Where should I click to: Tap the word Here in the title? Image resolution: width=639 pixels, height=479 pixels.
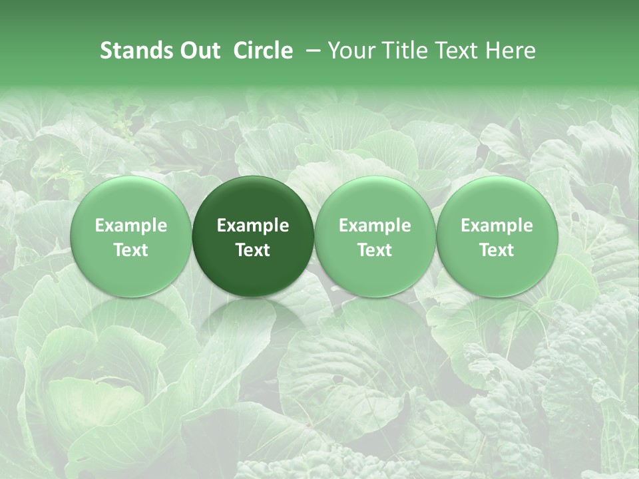click(x=511, y=51)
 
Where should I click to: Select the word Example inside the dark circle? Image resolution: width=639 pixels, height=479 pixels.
click(x=253, y=226)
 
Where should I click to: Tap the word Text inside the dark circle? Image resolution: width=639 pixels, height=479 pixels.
click(x=253, y=250)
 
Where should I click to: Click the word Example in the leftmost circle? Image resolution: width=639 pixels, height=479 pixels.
click(x=131, y=226)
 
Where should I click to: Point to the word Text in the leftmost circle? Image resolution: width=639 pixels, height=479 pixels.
click(x=131, y=250)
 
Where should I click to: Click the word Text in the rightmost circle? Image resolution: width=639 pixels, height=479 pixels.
click(x=497, y=250)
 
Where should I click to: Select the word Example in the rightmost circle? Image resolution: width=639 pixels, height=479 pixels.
click(x=497, y=226)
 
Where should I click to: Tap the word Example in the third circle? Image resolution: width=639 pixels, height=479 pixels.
click(x=375, y=226)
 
